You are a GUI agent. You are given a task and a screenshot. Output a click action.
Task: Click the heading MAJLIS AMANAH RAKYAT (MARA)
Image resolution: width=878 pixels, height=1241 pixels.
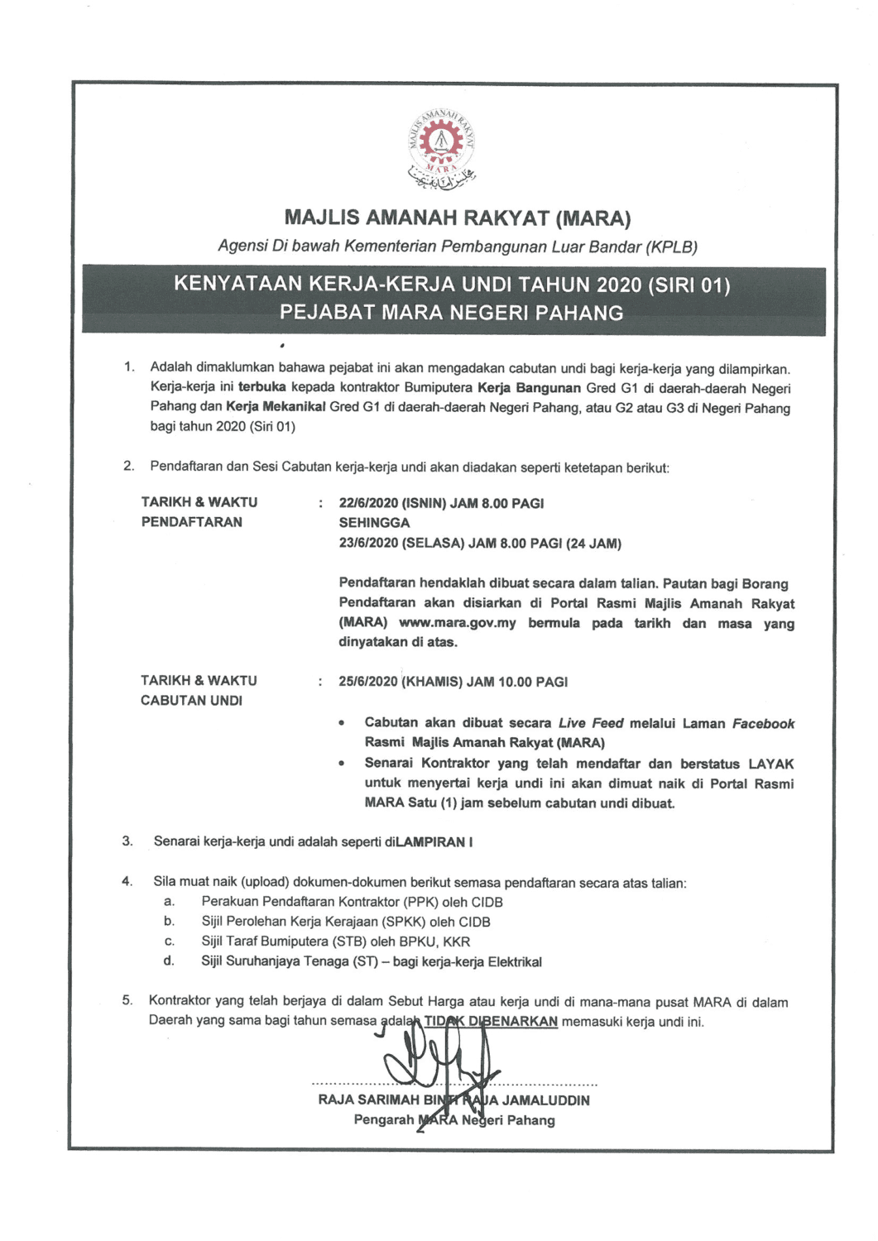pos(457,218)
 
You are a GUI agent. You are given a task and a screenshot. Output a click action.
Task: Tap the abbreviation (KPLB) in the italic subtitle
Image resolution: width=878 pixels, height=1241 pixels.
pos(671,247)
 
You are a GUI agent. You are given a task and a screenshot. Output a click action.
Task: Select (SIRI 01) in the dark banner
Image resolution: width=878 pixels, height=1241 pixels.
pos(689,285)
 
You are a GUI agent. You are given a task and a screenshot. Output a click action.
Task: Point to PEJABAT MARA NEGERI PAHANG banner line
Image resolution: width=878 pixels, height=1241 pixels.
pos(452,314)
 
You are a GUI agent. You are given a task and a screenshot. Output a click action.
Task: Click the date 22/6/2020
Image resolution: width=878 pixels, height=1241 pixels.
pos(368,503)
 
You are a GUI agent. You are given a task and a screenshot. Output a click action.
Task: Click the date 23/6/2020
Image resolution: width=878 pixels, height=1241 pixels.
pos(368,544)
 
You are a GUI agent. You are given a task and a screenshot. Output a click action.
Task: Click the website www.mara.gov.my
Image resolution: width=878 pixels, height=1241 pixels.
pos(457,623)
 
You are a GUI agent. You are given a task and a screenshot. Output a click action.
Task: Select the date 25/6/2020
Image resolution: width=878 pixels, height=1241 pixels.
pos(368,683)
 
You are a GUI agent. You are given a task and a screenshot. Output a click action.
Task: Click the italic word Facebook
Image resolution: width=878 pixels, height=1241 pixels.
pos(763,724)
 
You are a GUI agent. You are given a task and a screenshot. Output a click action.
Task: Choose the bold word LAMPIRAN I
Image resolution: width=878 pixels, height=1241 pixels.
pos(434,842)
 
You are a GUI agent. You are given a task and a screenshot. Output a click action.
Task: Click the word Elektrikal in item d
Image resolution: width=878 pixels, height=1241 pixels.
pos(515,962)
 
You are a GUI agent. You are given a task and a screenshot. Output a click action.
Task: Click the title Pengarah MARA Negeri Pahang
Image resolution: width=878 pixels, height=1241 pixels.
pos(454,1120)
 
